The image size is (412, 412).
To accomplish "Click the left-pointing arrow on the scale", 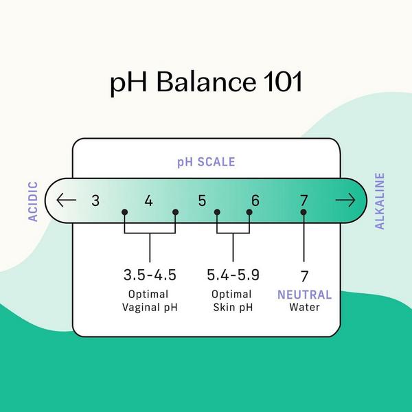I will (67, 201).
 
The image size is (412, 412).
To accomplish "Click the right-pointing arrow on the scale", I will (345, 201).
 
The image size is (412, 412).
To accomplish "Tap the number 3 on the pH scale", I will (95, 201).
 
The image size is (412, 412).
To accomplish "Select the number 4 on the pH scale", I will (149, 201).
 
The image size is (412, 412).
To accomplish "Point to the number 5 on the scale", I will (202, 201).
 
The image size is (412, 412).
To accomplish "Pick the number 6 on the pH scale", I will (255, 201).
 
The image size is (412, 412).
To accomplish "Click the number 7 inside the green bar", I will (304, 201).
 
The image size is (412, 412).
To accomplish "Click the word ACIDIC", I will (33, 201).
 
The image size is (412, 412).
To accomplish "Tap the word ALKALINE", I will (380, 201).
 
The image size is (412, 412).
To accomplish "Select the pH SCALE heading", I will (206, 163).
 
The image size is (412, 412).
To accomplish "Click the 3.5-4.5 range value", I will (150, 275).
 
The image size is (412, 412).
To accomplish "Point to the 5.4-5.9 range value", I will (233, 275).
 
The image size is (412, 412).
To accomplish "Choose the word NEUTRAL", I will (304, 295).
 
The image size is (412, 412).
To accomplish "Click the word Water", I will (304, 308).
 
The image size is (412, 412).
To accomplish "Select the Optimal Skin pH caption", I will (233, 301).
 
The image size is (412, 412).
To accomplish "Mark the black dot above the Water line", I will (304, 212).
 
